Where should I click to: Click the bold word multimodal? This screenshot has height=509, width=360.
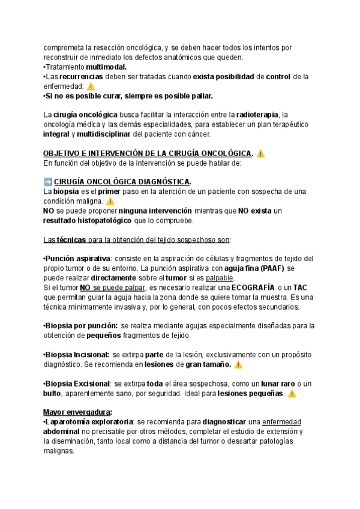(x=106, y=67)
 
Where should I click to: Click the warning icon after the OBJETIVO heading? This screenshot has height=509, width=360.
(x=260, y=154)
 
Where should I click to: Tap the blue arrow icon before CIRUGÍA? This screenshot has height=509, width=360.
(x=48, y=182)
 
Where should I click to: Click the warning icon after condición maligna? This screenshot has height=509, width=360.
(x=110, y=202)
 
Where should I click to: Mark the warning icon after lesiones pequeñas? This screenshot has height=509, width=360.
(x=292, y=394)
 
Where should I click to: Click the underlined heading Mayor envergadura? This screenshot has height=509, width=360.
(x=77, y=412)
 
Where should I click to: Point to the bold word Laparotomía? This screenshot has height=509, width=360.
(x=71, y=422)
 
